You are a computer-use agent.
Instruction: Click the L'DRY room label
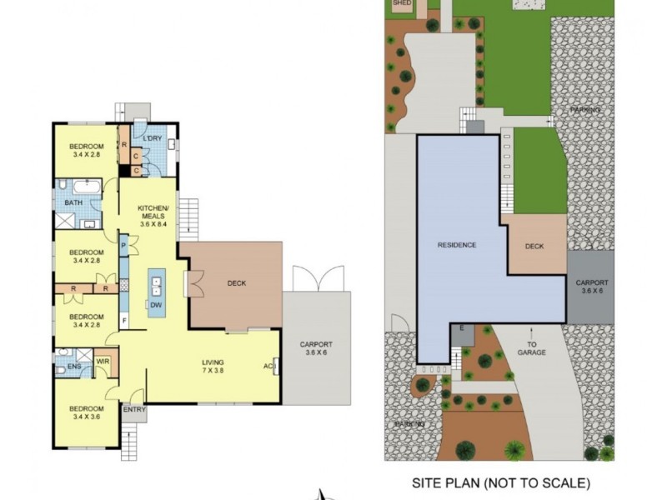point(152,138)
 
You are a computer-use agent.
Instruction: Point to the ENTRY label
point(133,409)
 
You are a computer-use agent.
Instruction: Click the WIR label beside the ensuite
point(103,361)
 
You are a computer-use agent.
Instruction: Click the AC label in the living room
point(268,367)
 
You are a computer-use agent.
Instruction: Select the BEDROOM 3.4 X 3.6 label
point(87,413)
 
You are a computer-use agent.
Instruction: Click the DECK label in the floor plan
point(236,283)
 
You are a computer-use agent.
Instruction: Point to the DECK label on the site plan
point(534,247)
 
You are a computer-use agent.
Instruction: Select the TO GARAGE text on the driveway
point(536,348)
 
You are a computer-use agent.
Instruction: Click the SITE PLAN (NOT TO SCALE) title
point(502,482)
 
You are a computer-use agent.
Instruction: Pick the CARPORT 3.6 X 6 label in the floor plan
point(316,349)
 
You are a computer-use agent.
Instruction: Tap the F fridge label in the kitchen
point(123,318)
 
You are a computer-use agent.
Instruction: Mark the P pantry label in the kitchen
point(123,247)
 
